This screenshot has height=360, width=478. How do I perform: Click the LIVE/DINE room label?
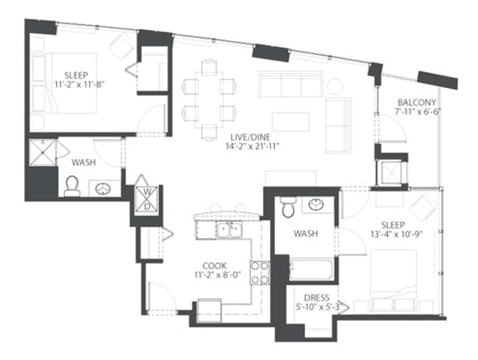250,137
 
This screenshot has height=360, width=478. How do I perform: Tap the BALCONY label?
417,102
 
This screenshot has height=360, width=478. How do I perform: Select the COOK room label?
215,265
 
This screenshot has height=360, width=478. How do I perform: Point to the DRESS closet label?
317,298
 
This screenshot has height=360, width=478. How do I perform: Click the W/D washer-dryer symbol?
147,199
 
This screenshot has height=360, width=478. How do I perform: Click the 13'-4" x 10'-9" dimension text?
398,234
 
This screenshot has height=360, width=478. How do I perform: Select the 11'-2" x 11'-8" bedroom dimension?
80,84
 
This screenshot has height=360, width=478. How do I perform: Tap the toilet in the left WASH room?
72,187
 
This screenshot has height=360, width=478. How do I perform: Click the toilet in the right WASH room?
288,207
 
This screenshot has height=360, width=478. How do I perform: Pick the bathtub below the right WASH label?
311,270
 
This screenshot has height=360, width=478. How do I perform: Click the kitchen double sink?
229,230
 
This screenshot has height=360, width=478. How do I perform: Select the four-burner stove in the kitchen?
260,273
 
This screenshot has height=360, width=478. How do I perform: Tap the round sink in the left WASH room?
103,189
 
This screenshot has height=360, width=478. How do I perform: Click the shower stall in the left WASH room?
43,153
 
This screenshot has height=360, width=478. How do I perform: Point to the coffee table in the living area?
290,122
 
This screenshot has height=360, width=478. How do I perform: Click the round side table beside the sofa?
335,86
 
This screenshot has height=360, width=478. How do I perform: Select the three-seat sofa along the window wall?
290,84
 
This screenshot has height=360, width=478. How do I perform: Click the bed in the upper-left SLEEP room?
65,84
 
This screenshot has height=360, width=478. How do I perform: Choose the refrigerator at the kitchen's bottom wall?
210,310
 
